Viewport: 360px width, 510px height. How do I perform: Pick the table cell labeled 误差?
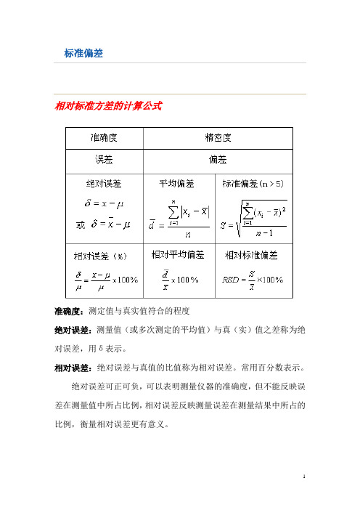click(105, 158)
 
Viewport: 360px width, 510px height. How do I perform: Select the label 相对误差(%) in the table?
click(105, 256)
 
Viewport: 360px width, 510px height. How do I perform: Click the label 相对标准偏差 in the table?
click(255, 255)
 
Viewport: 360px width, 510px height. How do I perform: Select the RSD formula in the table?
click(255, 280)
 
